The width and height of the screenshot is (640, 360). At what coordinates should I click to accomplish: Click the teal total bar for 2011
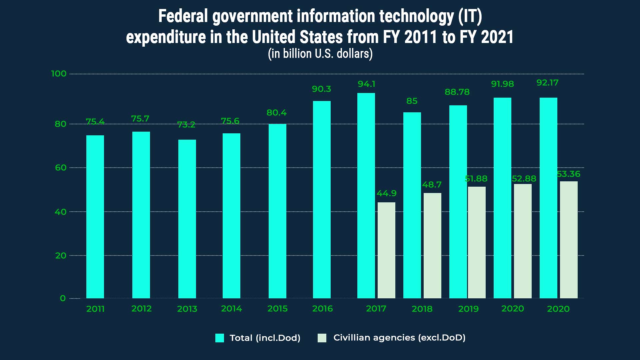[95, 217]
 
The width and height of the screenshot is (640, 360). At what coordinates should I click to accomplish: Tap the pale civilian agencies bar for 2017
[386, 250]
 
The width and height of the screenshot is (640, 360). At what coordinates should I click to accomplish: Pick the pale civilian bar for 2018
[432, 245]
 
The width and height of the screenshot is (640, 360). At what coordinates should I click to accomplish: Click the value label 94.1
[366, 84]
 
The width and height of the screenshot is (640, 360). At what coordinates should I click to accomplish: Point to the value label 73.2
[186, 125]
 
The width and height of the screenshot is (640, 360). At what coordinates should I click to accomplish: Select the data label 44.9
[386, 193]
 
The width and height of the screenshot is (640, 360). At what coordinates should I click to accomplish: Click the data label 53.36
[569, 174]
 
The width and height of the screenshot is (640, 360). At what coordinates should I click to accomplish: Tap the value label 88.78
[457, 92]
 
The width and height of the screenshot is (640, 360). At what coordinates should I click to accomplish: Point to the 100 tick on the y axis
[59, 74]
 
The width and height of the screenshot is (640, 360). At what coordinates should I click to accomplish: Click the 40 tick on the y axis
[60, 212]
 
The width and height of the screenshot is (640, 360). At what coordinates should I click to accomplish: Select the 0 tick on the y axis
[63, 298]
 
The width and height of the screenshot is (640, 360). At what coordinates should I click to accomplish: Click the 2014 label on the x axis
[231, 309]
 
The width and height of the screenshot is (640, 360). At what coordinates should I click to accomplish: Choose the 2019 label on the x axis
[468, 309]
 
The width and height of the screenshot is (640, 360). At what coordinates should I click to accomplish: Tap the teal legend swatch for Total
[220, 338]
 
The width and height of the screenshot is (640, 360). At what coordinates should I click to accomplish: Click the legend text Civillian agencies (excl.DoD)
[399, 338]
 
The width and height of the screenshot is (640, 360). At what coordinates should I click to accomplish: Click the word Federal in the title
[183, 16]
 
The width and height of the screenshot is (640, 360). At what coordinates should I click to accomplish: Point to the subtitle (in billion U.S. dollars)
[320, 54]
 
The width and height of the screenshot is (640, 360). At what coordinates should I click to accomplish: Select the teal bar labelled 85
[412, 205]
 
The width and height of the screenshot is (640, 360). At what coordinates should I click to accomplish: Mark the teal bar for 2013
[187, 219]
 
